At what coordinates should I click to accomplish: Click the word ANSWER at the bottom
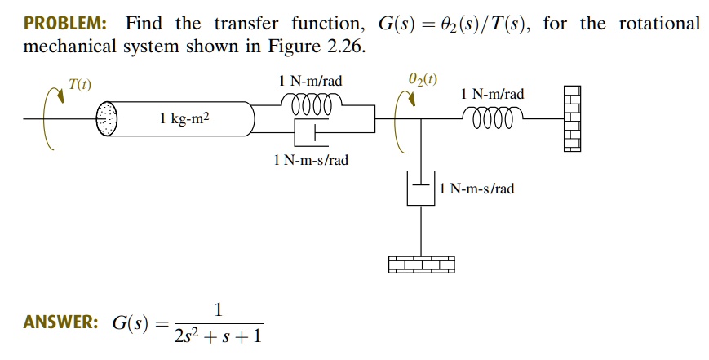pos(61,322)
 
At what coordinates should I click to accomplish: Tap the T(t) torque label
pos(80,84)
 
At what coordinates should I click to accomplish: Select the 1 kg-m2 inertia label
pos(184,120)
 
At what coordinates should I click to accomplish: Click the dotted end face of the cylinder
pos(108,119)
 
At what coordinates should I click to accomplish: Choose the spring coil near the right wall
pos(492,118)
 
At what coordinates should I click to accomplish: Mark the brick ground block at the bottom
pos(421,264)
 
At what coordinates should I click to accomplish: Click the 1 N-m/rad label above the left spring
pos(310,82)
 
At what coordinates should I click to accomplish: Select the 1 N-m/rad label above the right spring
pos(492,95)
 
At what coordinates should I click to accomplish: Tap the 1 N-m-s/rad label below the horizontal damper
pos(311,160)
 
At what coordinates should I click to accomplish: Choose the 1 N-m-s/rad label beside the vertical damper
pos(476,189)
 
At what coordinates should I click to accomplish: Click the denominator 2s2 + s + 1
pos(217,336)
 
